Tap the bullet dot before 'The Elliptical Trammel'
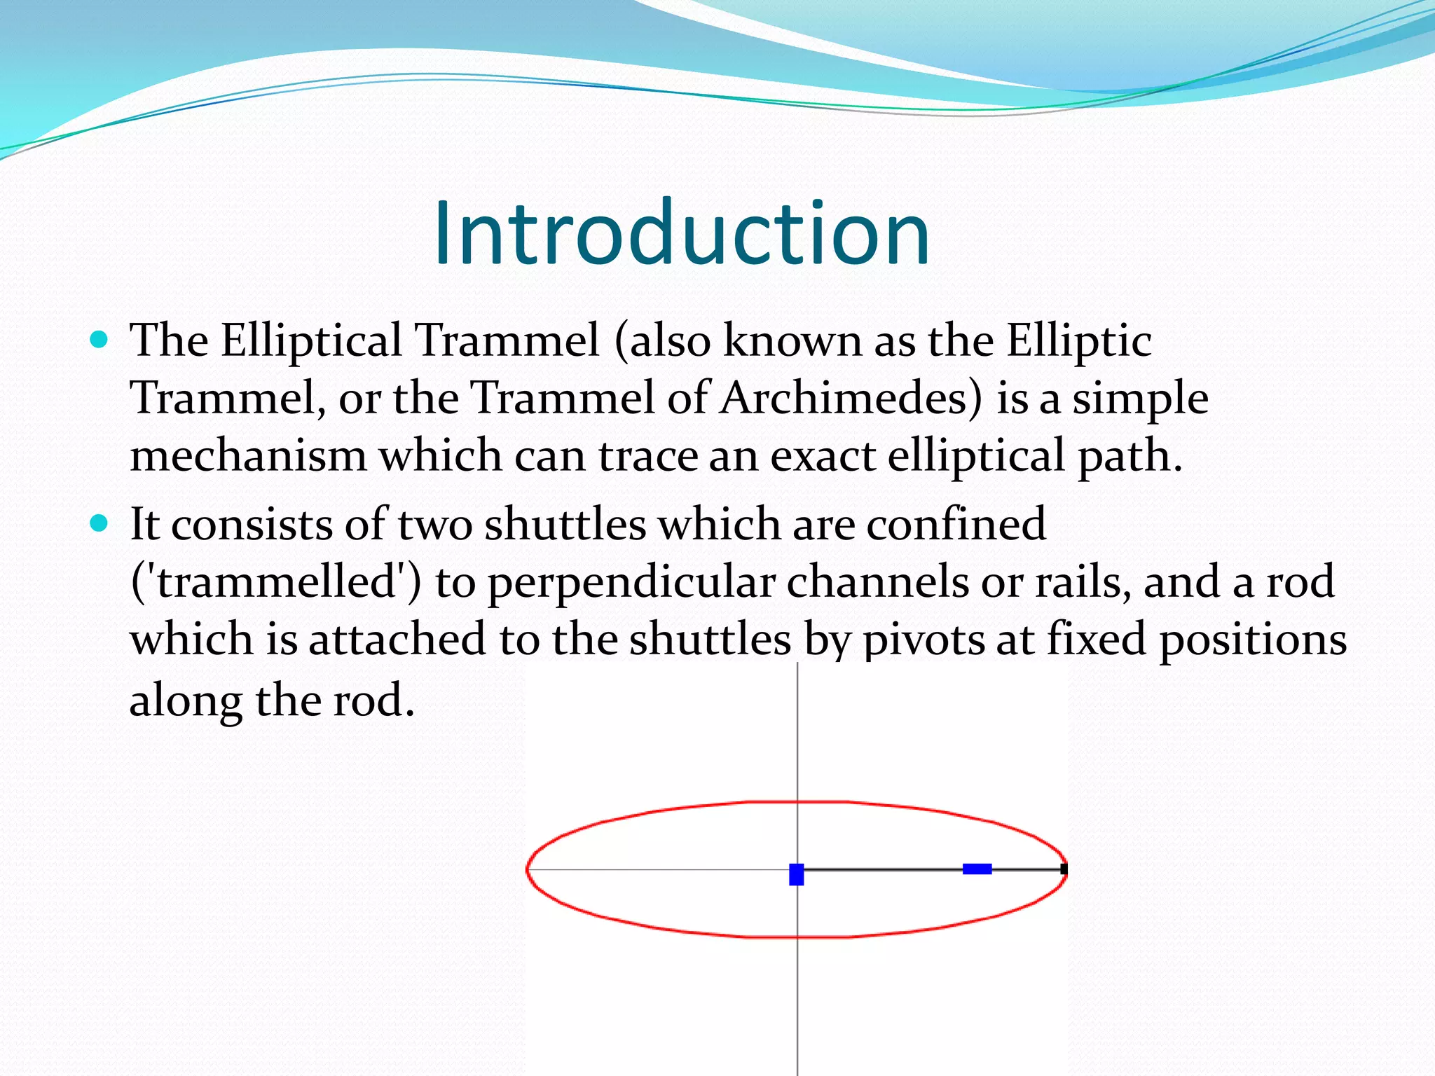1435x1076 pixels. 99,340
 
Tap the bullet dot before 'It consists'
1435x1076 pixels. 99,523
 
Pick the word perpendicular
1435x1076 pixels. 631,583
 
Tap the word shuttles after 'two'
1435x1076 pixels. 565,524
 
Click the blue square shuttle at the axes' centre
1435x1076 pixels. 797,874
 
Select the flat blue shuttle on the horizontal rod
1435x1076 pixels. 977,869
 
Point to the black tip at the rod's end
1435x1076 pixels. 1064,869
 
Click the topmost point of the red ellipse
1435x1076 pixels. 797,801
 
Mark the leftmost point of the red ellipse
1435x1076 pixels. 527,869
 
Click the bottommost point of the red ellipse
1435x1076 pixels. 797,937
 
